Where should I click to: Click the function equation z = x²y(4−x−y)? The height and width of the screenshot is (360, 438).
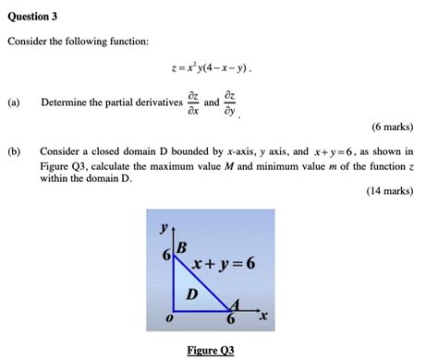click(x=218, y=68)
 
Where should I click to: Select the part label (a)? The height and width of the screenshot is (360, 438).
click(x=16, y=102)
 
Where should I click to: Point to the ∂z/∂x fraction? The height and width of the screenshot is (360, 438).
click(x=191, y=102)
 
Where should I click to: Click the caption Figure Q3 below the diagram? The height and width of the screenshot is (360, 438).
click(x=211, y=350)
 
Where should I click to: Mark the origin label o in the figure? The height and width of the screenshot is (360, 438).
click(x=167, y=318)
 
